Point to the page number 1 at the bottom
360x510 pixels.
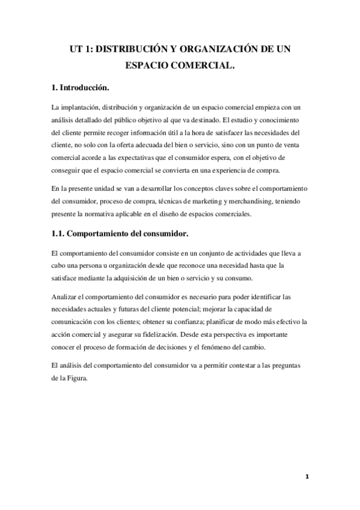click(x=307, y=476)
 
